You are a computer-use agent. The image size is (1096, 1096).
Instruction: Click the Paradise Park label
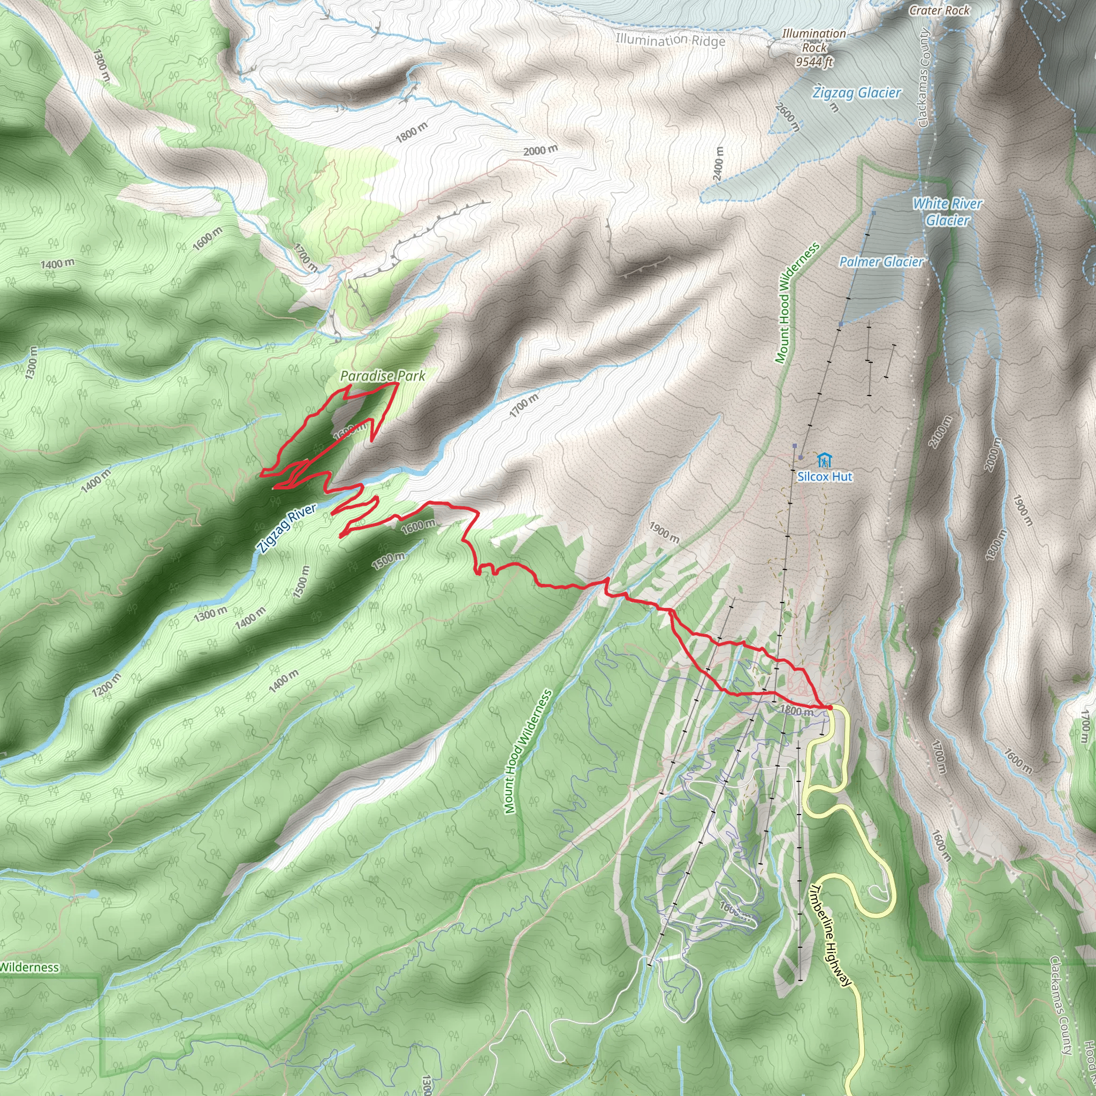(382, 376)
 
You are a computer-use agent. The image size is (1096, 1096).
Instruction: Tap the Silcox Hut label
(824, 476)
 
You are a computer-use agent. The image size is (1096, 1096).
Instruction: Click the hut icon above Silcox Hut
(824, 460)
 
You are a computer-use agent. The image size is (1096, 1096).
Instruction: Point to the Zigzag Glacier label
(856, 93)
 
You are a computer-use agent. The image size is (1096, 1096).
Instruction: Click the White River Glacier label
(947, 211)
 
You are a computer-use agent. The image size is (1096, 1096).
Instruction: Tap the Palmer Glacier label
(881, 262)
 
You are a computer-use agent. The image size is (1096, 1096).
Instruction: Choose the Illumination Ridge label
(670, 40)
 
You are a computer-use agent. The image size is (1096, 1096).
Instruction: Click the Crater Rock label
(939, 10)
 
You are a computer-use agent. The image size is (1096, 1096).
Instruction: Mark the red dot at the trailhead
(829, 707)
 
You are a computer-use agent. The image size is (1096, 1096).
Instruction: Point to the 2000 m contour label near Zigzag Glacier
(540, 150)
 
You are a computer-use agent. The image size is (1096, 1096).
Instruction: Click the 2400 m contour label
(718, 164)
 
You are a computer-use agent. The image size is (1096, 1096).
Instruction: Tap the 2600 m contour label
(788, 117)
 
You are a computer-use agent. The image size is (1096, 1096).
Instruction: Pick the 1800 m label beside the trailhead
(796, 710)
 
